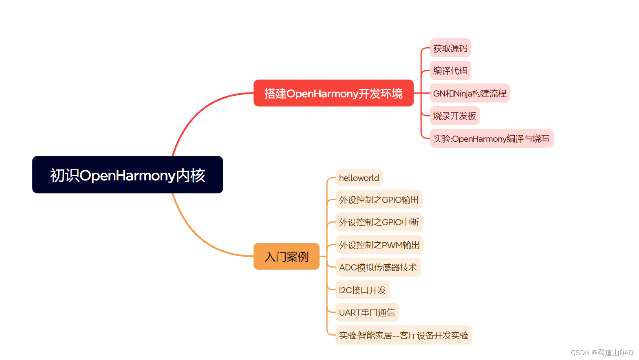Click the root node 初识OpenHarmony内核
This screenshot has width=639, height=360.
tap(127, 175)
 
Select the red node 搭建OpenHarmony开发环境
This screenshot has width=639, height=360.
tap(333, 93)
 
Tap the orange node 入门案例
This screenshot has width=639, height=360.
tap(286, 257)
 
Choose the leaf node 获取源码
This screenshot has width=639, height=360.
tap(450, 48)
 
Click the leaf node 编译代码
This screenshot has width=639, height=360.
tap(450, 71)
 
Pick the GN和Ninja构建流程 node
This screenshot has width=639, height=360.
tap(469, 93)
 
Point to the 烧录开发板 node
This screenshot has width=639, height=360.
tap(454, 116)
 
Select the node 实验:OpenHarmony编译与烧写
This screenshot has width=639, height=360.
tap(491, 139)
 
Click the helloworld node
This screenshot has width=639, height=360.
tap(359, 178)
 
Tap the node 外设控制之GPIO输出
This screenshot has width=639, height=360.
tap(379, 200)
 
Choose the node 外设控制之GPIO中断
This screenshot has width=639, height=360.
tap(379, 222)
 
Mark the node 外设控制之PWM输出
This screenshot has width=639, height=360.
tap(379, 245)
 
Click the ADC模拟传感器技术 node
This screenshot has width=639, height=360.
tap(378, 268)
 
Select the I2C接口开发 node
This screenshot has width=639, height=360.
tap(362, 290)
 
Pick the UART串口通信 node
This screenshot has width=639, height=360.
tap(367, 313)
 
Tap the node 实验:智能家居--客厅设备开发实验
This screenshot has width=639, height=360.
tap(403, 335)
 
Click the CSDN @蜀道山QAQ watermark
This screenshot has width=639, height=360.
tap(602, 353)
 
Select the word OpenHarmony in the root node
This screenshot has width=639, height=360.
tap(128, 176)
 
